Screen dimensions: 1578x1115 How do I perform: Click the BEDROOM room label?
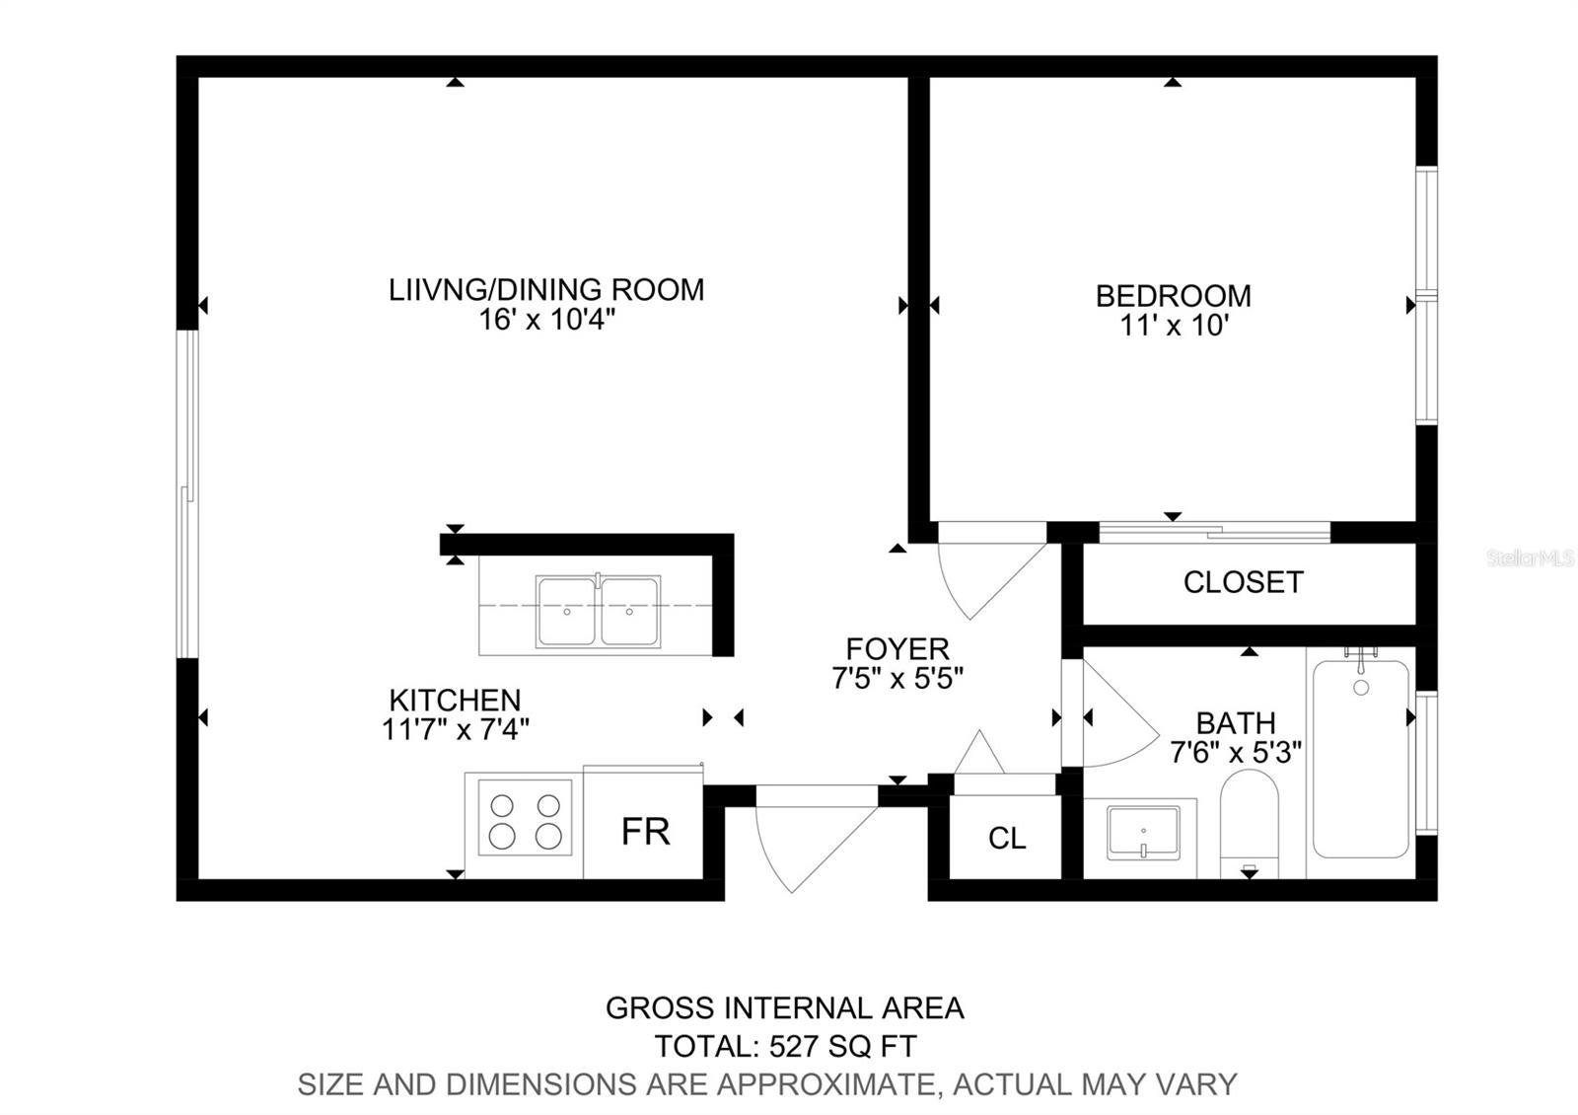click(x=1173, y=296)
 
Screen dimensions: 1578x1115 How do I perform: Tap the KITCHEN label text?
click(x=455, y=700)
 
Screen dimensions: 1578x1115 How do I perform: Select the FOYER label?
click(x=897, y=648)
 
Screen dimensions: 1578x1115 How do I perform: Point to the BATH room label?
click(x=1237, y=723)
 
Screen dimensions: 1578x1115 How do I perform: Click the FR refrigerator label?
click(x=645, y=832)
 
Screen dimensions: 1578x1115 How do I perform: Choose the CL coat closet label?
click(x=1007, y=838)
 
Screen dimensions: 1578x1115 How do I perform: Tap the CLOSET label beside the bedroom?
click(x=1244, y=582)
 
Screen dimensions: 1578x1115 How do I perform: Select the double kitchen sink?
click(x=598, y=611)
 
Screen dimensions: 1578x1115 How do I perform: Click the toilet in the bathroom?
click(x=1249, y=823)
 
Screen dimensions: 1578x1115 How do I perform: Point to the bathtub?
click(x=1361, y=759)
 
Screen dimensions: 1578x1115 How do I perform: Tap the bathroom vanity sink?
click(x=1143, y=833)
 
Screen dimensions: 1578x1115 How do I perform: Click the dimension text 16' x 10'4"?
click(x=546, y=320)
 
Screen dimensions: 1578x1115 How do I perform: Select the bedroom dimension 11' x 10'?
click(x=1175, y=326)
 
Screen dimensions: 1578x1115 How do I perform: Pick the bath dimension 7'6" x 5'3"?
click(x=1236, y=753)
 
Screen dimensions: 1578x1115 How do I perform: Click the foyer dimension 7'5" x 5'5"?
click(x=897, y=678)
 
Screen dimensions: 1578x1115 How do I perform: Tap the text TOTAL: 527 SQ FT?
click(x=785, y=1047)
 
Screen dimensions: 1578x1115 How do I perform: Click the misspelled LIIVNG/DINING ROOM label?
click(x=546, y=290)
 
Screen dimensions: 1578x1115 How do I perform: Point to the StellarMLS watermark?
click(x=1530, y=558)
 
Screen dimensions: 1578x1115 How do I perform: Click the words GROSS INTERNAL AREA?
click(x=785, y=1008)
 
